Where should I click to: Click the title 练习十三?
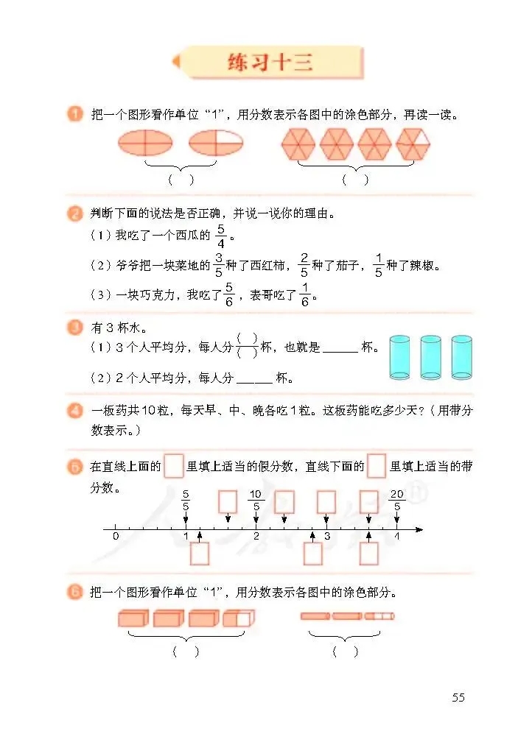(x=269, y=63)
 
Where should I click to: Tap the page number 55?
(x=458, y=697)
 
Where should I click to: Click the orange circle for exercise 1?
(x=74, y=114)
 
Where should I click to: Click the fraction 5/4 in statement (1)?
(x=220, y=236)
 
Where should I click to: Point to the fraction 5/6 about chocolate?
(x=228, y=294)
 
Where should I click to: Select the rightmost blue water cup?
(x=461, y=357)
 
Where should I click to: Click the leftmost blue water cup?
(x=399, y=357)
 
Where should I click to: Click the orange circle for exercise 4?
(x=74, y=411)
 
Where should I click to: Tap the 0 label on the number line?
(x=116, y=537)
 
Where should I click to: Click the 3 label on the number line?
(x=327, y=537)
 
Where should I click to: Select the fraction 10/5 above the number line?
(x=256, y=500)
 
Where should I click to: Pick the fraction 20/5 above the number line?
(x=397, y=500)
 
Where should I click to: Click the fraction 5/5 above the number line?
(x=185, y=500)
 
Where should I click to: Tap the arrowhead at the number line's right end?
(x=419, y=529)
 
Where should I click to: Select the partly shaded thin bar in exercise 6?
(x=379, y=615)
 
